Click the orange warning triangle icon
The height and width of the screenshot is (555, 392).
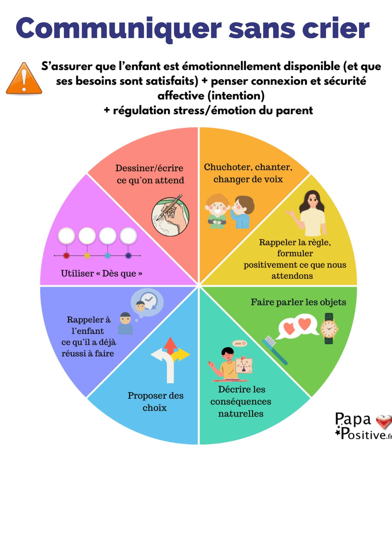click(x=24, y=79)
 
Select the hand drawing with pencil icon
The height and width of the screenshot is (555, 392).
click(x=170, y=216)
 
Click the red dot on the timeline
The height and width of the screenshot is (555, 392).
click(x=66, y=256)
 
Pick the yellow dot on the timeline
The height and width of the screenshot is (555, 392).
click(x=87, y=256)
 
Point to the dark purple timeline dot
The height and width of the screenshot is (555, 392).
click(x=128, y=256)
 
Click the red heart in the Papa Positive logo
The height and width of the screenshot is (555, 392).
click(x=384, y=422)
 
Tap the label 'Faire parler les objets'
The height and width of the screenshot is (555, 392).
click(x=298, y=302)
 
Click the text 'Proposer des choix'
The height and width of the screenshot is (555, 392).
click(x=155, y=402)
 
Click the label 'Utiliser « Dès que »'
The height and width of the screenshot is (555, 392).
click(x=101, y=274)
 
